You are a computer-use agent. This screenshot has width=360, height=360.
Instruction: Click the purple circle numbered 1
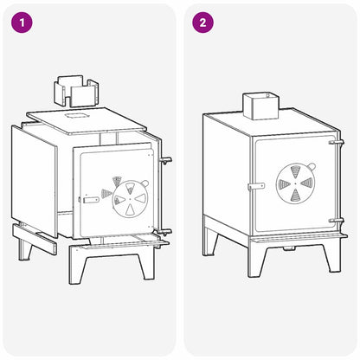click(x=22, y=22)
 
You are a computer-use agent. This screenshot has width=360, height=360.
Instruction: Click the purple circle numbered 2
click(x=202, y=22)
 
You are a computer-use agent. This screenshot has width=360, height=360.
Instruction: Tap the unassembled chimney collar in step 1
click(x=76, y=91)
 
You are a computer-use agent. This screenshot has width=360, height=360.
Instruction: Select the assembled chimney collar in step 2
click(x=261, y=106)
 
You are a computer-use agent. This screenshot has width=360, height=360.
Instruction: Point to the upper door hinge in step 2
click(x=337, y=142)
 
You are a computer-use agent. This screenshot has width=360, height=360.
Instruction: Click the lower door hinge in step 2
click(x=337, y=221)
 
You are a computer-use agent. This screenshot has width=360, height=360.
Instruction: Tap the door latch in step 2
click(x=256, y=186)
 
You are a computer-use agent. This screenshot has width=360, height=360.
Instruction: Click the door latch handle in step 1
click(x=90, y=200)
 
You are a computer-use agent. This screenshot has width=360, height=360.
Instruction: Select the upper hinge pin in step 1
click(x=166, y=160)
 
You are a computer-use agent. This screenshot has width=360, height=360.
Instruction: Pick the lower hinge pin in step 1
click(x=164, y=232)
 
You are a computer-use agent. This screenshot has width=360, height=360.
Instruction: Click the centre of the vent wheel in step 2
click(x=295, y=183)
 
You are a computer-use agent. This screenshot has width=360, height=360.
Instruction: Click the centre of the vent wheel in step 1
click(x=130, y=199)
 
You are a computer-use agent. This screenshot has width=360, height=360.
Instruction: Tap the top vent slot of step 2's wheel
click(x=295, y=171)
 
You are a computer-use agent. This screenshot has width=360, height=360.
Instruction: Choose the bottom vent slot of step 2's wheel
click(x=295, y=196)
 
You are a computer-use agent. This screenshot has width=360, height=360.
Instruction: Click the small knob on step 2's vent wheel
click(x=312, y=166)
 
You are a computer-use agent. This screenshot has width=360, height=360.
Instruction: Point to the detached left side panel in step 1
click(x=34, y=181)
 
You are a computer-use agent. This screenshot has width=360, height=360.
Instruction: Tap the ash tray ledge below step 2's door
click(x=299, y=237)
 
